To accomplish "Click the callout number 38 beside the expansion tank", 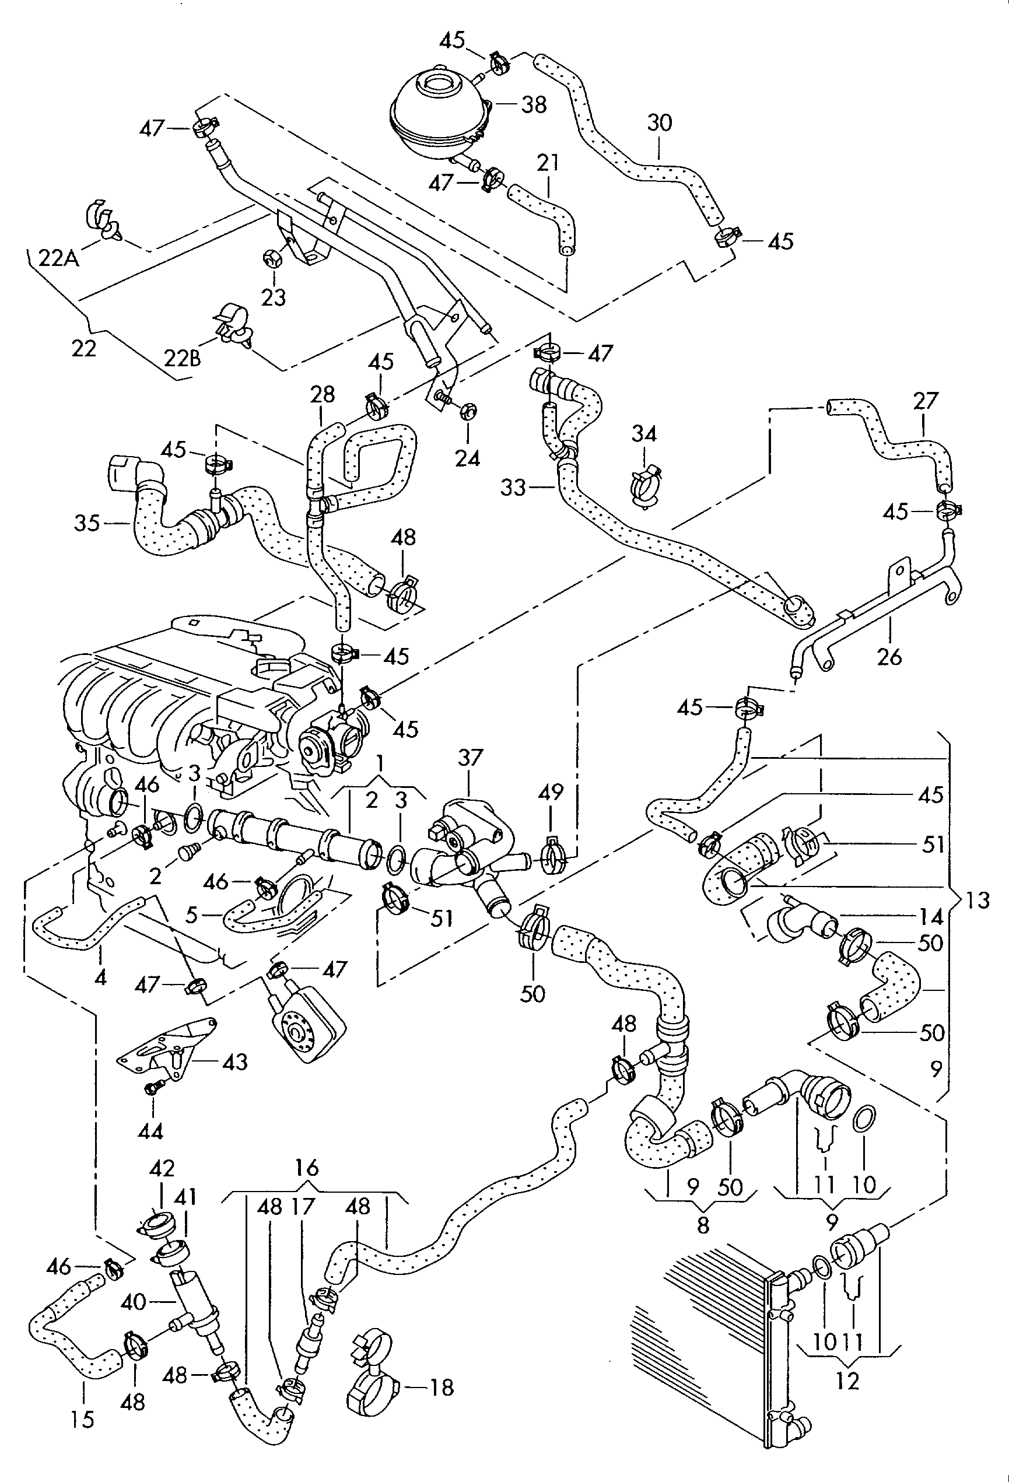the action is coord(534,105).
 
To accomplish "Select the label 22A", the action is coord(59,259).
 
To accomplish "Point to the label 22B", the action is coord(183,358).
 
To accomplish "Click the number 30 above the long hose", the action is coord(660,122).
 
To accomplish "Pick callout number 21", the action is coord(548,163).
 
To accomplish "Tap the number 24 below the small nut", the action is coord(468,458).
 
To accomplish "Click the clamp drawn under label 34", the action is coord(646,488).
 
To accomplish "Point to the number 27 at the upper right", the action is coord(926,401).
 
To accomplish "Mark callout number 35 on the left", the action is coord(87,524).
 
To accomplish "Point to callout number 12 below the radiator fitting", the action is coord(847,1381).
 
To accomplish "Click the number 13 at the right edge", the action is coord(976,901).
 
